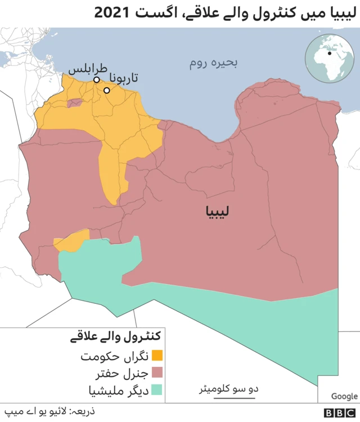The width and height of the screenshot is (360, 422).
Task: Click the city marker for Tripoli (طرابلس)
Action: coord(97,80)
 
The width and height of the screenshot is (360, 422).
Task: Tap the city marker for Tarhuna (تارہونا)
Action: coord(106,90)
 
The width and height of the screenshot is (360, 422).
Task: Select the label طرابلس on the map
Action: coord(87,68)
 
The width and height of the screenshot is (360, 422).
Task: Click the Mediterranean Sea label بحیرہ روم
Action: coord(214,64)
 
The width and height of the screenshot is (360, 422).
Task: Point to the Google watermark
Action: coord(344,396)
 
